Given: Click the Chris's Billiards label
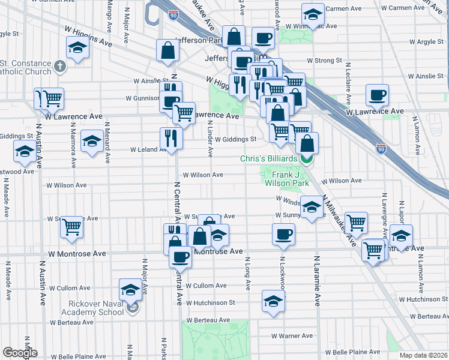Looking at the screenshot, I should tap(268, 158).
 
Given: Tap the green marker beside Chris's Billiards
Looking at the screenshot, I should tap(306, 159).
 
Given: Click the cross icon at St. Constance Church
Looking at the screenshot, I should tap(59, 65).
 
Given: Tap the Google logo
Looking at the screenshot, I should tap(20, 353).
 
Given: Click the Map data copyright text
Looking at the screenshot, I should tap(423, 355).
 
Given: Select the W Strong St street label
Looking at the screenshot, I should tap(324, 61).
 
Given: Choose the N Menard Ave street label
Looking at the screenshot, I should tap(107, 143).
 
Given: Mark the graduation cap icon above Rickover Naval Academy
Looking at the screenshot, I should tap(130, 290).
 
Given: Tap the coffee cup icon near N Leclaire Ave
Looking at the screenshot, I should tap(378, 95).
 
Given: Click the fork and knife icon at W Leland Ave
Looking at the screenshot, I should tap(172, 139).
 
